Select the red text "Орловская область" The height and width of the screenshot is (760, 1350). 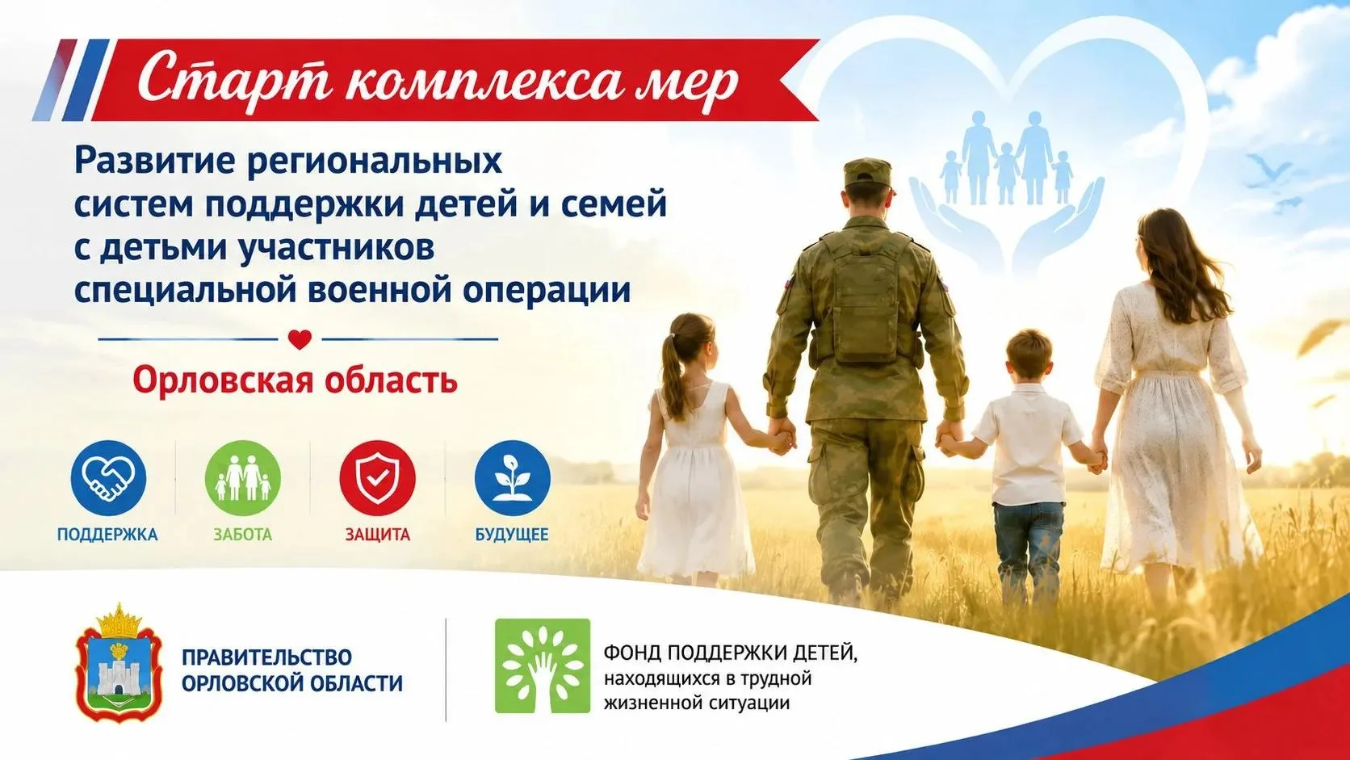[x=296, y=380]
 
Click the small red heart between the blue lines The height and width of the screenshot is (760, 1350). [x=300, y=339]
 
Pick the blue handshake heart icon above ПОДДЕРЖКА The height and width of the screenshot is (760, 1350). [x=108, y=478]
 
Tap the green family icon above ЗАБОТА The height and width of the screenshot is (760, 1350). [x=243, y=478]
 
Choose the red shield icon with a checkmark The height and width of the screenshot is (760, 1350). [x=378, y=478]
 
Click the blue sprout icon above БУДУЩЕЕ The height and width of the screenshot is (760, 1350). [x=512, y=478]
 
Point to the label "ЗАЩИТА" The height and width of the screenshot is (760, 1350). [x=377, y=535]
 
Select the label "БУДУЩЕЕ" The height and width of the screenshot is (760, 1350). [x=512, y=535]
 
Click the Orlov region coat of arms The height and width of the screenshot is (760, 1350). [x=119, y=661]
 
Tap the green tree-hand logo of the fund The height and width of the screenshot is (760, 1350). [x=543, y=666]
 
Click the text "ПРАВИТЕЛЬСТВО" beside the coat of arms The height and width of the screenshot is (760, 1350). [x=267, y=657]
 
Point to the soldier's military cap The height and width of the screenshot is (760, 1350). [x=867, y=172]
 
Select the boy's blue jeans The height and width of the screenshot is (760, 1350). [x=1028, y=545]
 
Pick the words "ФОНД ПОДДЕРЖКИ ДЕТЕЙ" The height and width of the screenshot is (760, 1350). [x=730, y=653]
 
